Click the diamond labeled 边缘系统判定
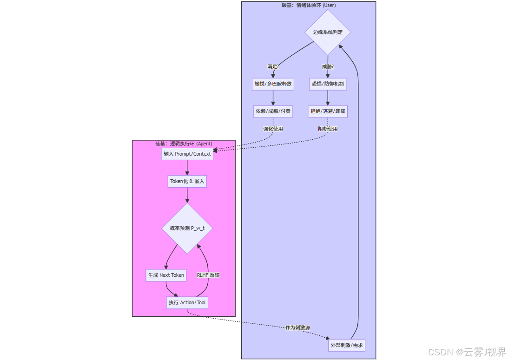tap(328, 32)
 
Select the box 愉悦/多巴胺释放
tap(273, 84)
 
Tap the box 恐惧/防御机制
tap(328, 84)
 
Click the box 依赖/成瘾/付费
tap(273, 111)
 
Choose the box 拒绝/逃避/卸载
tap(328, 111)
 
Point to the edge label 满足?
tap(273, 66)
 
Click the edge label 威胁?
tap(328, 66)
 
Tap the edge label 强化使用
tap(273, 129)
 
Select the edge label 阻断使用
tap(328, 129)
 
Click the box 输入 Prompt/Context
tap(187, 154)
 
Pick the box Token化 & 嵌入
tap(187, 181)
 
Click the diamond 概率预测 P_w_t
tap(187, 229)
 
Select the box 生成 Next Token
tap(166, 275)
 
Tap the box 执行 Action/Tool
tap(187, 302)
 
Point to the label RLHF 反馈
tap(208, 275)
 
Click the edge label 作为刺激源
tap(297, 327)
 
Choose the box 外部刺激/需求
tap(346, 346)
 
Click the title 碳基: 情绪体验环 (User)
tap(309, 6)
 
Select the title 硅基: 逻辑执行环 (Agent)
tap(184, 144)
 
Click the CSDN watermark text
tap(467, 352)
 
